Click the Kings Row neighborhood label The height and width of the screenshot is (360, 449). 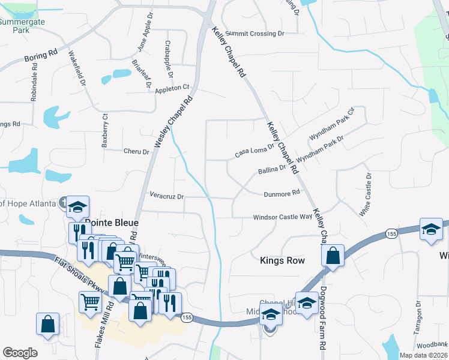pyautogui.click(x=282, y=260)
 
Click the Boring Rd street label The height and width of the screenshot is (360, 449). pyautogui.click(x=40, y=56)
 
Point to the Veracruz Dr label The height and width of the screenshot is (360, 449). pyautogui.click(x=166, y=196)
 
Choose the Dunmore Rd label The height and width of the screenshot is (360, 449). pyautogui.click(x=282, y=193)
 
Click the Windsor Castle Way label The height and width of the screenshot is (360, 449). pyautogui.click(x=282, y=217)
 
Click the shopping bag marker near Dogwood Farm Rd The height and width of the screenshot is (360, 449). pyautogui.click(x=333, y=256)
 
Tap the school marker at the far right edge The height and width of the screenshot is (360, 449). pyautogui.click(x=431, y=231)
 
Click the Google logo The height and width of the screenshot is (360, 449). pyautogui.click(x=20, y=353)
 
